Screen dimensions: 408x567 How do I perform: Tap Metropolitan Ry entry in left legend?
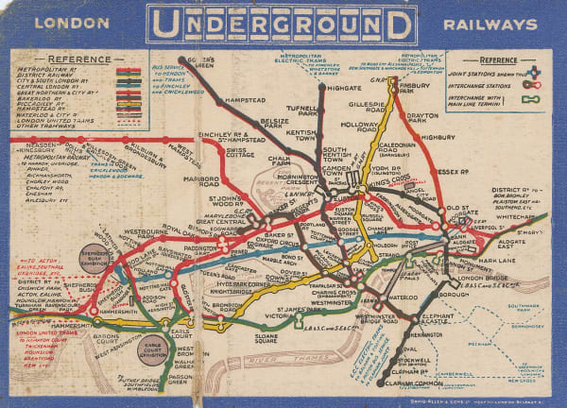pos(51,69)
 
